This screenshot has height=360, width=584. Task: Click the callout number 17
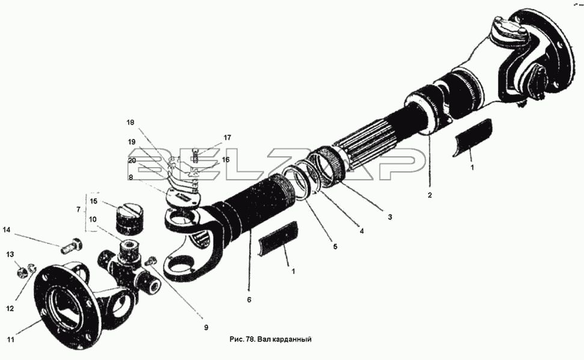(227, 138)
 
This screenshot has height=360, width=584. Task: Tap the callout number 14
(7, 230)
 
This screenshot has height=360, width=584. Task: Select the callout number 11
(11, 340)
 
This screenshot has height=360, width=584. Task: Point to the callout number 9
(206, 328)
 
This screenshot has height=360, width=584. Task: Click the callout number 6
(249, 300)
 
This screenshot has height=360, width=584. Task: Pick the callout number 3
(390, 217)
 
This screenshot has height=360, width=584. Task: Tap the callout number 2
(429, 195)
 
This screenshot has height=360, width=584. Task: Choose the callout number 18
(131, 123)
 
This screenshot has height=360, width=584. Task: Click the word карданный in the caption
(293, 340)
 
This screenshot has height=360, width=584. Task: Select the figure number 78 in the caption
(250, 340)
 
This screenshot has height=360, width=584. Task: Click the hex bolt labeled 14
(71, 245)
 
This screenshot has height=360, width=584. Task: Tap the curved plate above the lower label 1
(277, 238)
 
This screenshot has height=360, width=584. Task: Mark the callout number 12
(10, 309)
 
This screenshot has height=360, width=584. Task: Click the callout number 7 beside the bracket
(78, 210)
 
